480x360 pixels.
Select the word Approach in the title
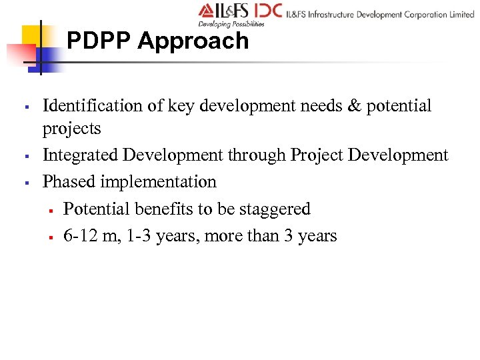pos(193,41)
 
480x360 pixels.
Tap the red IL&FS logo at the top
pos(224,11)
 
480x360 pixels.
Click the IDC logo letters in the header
pos(267,11)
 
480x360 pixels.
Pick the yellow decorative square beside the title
pos(31,36)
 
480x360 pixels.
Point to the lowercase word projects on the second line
pos(71,128)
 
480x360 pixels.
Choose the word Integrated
pos(81,155)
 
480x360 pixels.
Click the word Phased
pos(67,182)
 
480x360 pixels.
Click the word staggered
pos(277,209)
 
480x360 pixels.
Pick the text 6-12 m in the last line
pos(87,235)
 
